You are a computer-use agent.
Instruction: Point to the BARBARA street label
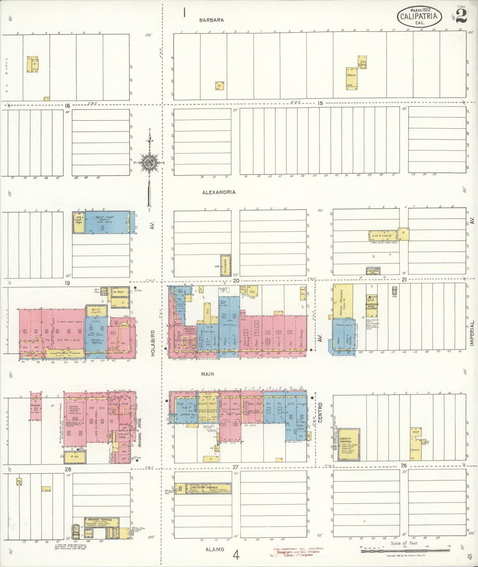coord(211,20)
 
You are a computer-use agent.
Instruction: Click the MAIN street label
coord(207,374)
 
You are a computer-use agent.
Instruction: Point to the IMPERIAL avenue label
coord(472,333)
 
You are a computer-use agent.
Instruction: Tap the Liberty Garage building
coord(349,444)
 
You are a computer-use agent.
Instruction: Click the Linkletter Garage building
coord(202,488)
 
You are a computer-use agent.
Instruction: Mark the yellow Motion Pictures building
coord(343,301)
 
